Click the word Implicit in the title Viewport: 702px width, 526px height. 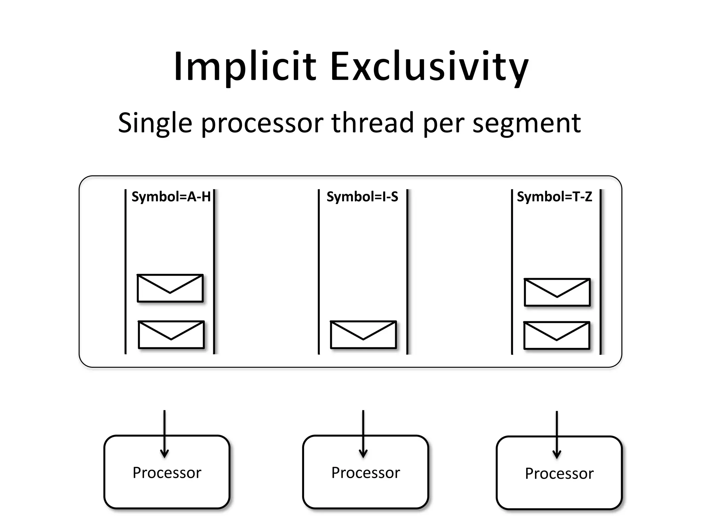(x=245, y=67)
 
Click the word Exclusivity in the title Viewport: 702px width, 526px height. (x=429, y=67)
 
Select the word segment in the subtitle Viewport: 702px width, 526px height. (x=526, y=123)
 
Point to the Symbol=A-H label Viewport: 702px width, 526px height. (x=171, y=197)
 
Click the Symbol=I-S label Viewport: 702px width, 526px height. (x=362, y=197)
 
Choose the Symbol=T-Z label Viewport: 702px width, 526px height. (x=554, y=197)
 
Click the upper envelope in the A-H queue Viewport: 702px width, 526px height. (x=170, y=288)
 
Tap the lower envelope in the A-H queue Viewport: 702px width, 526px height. (x=171, y=335)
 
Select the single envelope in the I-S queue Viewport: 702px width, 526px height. (x=363, y=335)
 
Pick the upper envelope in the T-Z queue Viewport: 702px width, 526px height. (x=557, y=292)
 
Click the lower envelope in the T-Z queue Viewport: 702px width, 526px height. (x=557, y=335)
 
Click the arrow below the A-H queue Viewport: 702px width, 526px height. (x=165, y=434)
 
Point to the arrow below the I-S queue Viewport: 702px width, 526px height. (x=363, y=434)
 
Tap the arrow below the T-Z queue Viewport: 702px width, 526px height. (x=557, y=434)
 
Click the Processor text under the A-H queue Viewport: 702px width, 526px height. (x=167, y=473)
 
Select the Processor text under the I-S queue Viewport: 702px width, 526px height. (x=365, y=473)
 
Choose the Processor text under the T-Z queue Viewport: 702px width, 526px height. (x=559, y=474)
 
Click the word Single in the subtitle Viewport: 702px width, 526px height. (x=155, y=123)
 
